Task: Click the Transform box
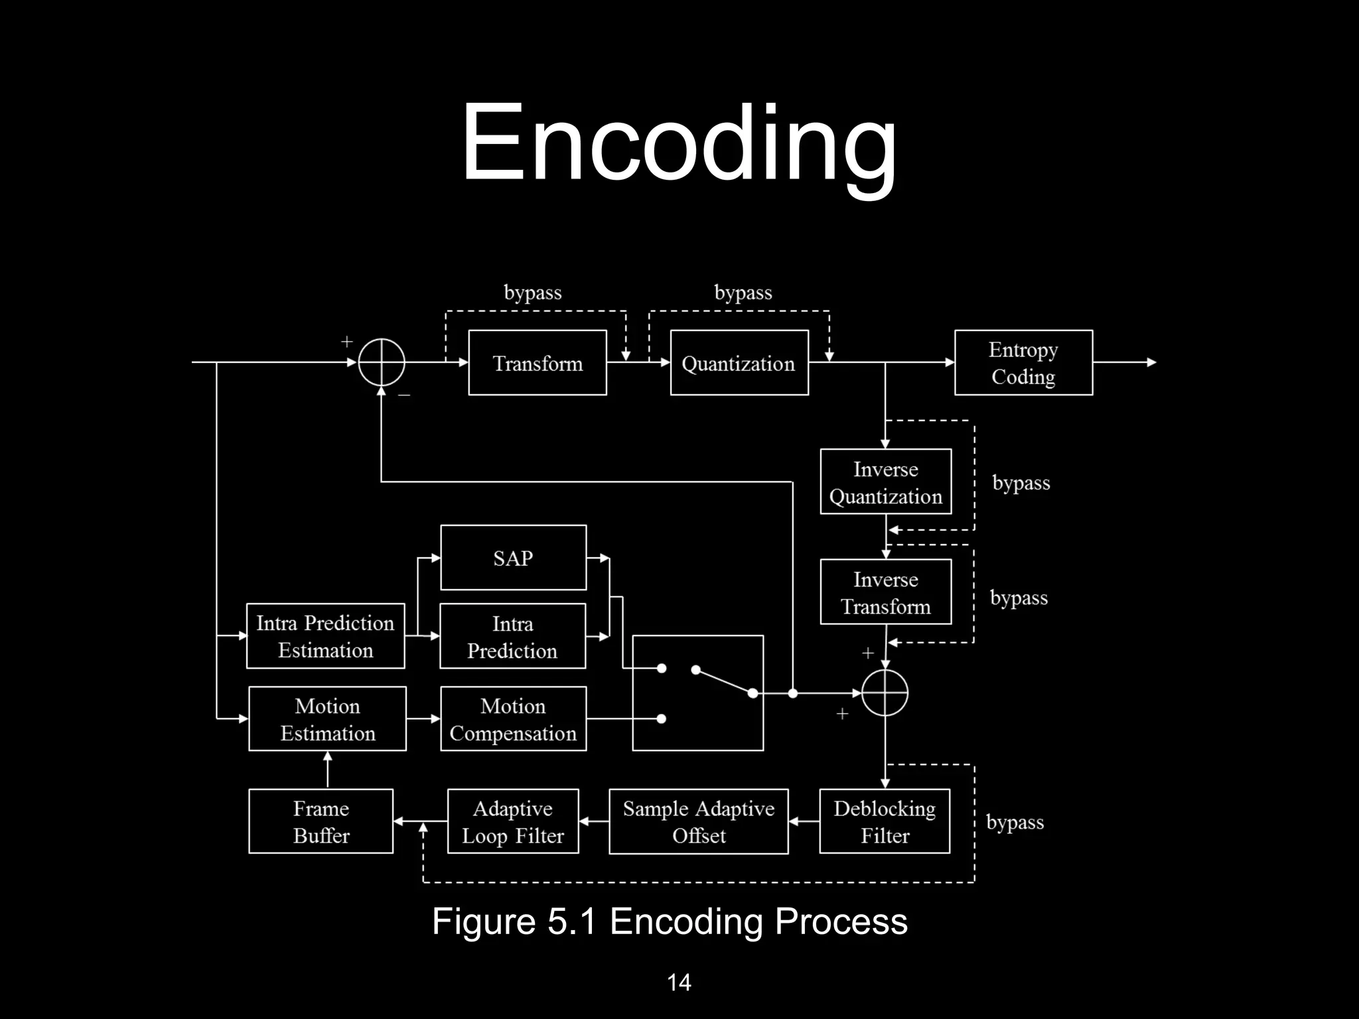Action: coord(537,363)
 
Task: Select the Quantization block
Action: coord(739,363)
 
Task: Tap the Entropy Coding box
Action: coord(1023,363)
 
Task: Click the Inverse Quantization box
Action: coord(886,482)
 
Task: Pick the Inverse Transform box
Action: coord(886,592)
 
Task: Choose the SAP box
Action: coord(513,558)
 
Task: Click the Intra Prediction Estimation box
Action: coord(325,636)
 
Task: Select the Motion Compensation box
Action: coord(513,718)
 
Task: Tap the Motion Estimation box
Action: coord(327,718)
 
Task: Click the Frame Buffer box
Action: coord(321,821)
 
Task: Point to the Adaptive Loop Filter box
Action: coord(513,821)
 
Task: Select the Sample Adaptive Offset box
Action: coord(698,821)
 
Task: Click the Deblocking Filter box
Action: coord(885,821)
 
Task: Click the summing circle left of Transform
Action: coord(382,362)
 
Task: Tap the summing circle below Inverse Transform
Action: coord(885,693)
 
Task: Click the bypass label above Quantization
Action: coord(743,293)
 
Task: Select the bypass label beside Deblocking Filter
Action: coord(1015,823)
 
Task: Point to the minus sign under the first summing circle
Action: coord(404,395)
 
